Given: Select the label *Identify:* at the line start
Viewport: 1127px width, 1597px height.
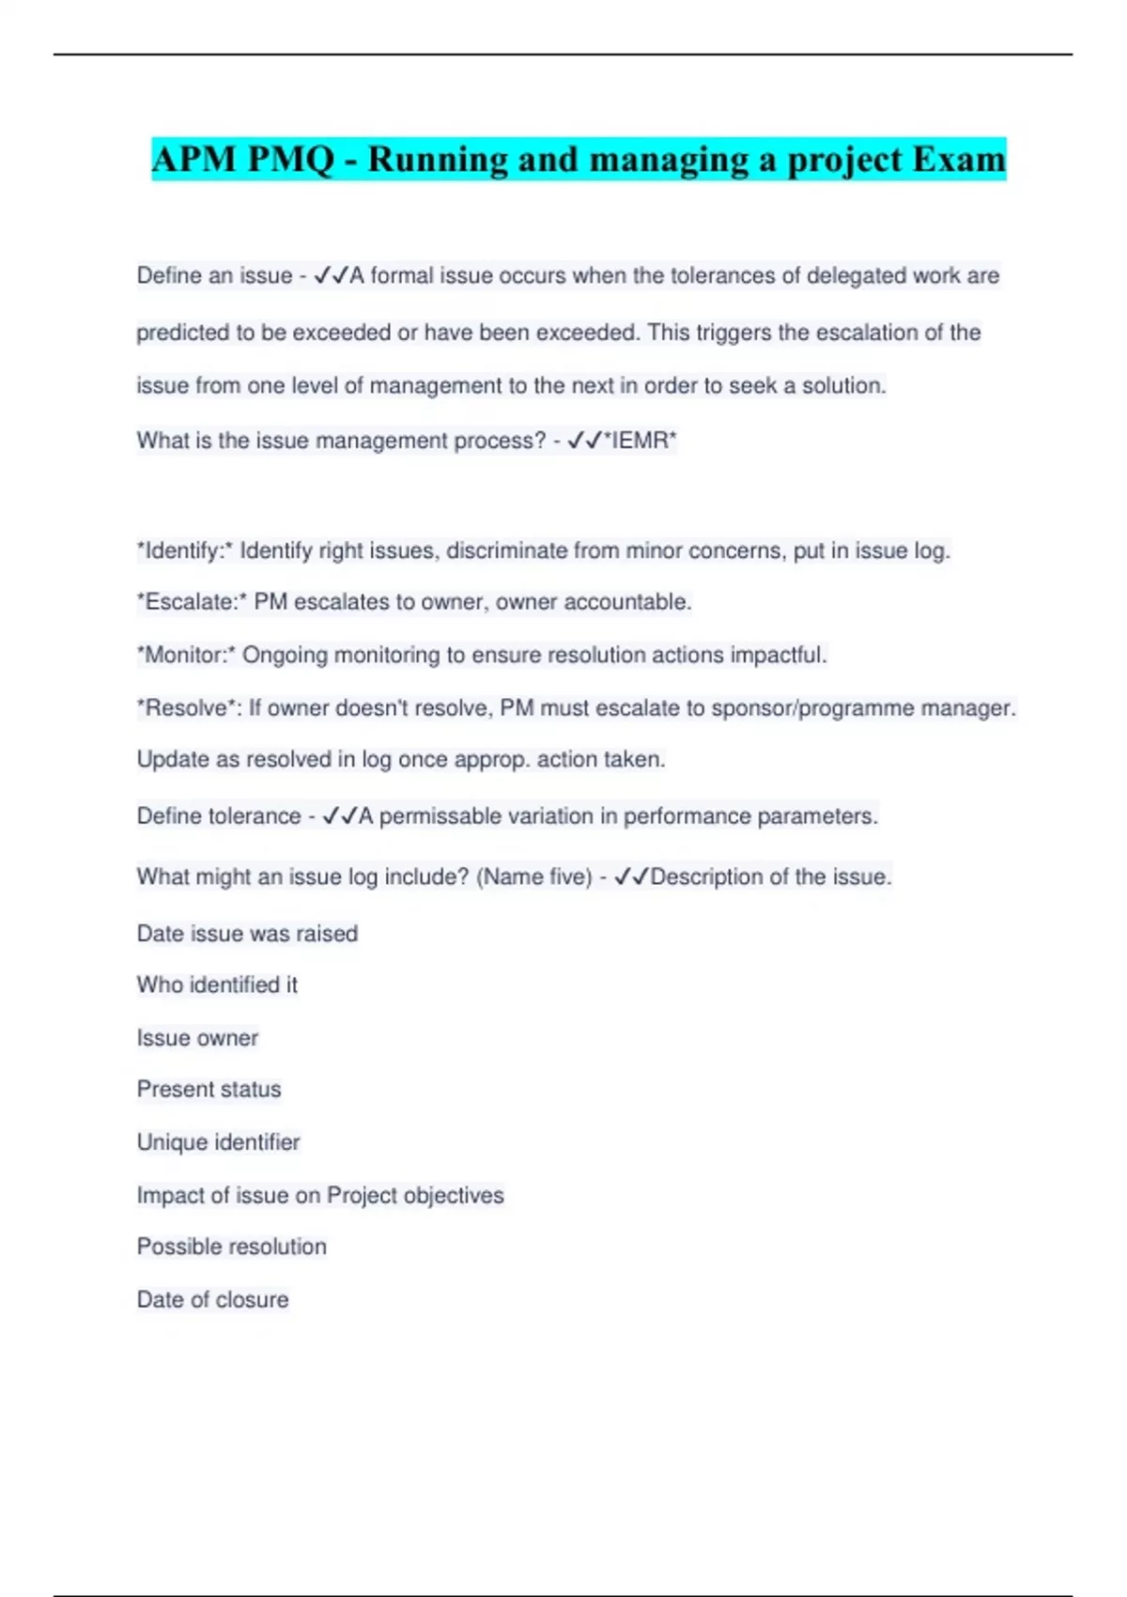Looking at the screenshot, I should tap(185, 550).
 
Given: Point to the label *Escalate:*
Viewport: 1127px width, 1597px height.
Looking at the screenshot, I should tap(192, 602).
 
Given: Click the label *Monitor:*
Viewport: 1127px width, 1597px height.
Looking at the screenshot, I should tap(186, 655).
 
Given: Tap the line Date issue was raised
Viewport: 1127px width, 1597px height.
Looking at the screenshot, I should tap(247, 934).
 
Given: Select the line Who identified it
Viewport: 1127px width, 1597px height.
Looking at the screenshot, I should tap(217, 985).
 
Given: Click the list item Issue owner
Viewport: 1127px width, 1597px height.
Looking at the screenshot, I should tap(197, 1038).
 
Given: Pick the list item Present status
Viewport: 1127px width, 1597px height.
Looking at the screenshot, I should tap(208, 1090).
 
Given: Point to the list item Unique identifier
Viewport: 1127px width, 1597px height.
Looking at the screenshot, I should tap(218, 1142).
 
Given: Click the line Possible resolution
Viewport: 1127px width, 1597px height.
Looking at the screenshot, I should tap(231, 1247).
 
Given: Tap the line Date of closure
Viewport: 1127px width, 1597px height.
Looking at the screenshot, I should tap(212, 1300).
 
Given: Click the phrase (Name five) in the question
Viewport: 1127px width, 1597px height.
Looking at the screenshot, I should tap(534, 877).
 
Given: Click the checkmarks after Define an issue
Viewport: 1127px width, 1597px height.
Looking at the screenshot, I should tap(331, 276).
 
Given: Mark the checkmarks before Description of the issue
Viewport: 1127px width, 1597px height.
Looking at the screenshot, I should tap(631, 877).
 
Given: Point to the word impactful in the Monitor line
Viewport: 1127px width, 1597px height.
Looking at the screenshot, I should tap(778, 655).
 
